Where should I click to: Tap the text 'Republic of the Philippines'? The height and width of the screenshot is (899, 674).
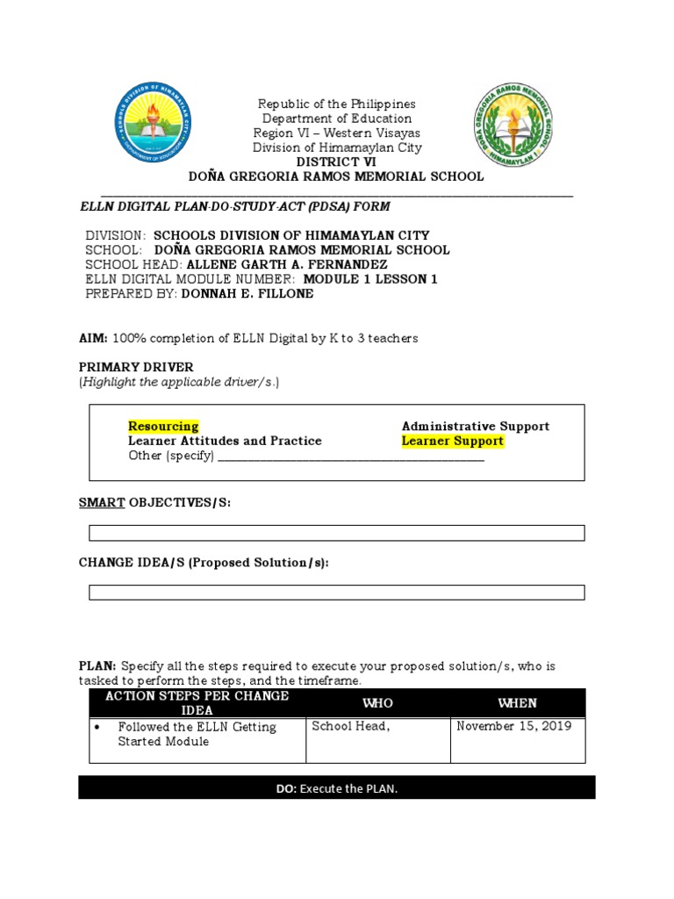pos(336,104)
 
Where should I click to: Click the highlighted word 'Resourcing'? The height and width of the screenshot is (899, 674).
pos(163,427)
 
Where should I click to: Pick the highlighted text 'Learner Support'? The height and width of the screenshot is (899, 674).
pos(453,441)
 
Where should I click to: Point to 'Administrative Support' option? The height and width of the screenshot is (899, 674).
pos(476,427)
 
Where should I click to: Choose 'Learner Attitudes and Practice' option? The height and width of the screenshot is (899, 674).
pos(225,441)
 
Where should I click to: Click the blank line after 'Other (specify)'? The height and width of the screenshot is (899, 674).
pos(351,456)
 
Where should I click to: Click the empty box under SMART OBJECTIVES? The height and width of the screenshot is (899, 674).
pos(336,533)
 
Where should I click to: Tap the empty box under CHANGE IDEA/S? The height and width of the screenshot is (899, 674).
pos(336,593)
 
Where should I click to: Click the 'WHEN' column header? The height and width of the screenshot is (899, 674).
pos(517,703)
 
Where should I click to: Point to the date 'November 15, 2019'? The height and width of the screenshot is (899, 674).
pos(514,726)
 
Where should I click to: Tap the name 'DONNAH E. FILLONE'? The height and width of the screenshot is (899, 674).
pos(247,294)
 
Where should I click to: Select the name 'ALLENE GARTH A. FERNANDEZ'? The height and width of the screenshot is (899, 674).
pos(287,264)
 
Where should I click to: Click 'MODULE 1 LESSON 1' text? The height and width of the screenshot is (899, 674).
pos(369,279)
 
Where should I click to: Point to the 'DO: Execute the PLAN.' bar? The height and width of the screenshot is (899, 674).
pos(336,788)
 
